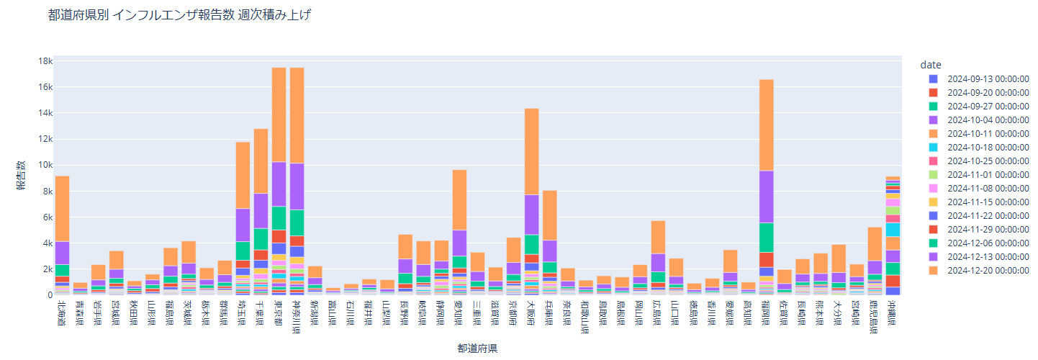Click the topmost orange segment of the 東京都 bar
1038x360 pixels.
pyautogui.click(x=279, y=114)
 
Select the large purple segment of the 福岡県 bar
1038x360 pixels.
pyautogui.click(x=767, y=197)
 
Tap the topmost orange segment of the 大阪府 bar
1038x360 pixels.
pyautogui.click(x=532, y=151)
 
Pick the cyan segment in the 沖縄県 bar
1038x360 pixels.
pyautogui.click(x=893, y=230)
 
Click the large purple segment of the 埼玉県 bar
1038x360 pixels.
pyautogui.click(x=243, y=225)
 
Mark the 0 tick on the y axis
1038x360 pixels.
pyautogui.click(x=50, y=294)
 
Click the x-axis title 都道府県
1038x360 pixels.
pyautogui.click(x=477, y=348)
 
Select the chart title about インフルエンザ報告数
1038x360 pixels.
pyautogui.click(x=179, y=16)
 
